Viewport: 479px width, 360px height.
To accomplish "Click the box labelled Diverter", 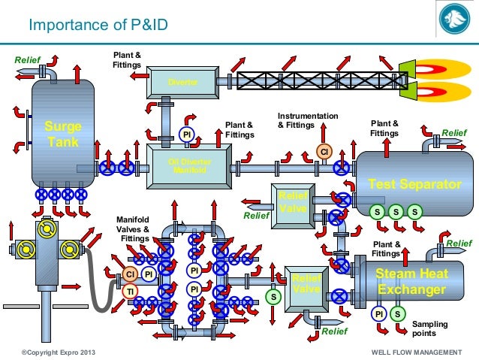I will pyautogui.click(x=182, y=82).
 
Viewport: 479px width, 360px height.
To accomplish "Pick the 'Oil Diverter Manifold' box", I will pyautogui.click(x=192, y=165).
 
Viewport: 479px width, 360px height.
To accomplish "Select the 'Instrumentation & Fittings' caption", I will pyautogui.click(x=307, y=120).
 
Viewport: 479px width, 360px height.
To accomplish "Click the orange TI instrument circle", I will pyautogui.click(x=130, y=291).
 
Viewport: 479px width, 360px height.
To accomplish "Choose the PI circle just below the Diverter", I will pyautogui.click(x=187, y=135).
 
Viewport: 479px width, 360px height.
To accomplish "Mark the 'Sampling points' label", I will pyautogui.click(x=430, y=328).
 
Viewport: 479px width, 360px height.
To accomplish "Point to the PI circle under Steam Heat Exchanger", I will pyautogui.click(x=381, y=313).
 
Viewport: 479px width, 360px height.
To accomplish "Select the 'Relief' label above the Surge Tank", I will pyautogui.click(x=27, y=59).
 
